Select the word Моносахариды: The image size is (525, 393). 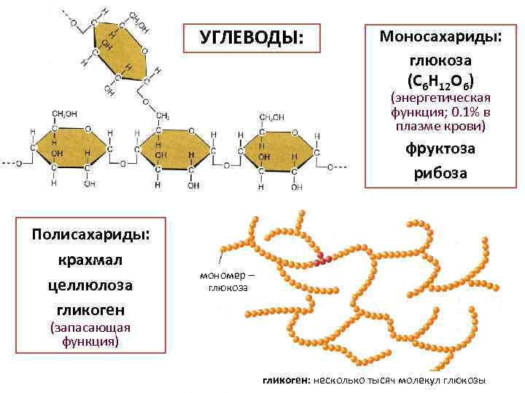tap(439, 36)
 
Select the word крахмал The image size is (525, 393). tap(90, 261)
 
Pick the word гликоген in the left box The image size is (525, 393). tap(90, 311)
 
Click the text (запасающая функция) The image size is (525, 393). tap(90, 334)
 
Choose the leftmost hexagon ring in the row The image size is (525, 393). tap(69, 148)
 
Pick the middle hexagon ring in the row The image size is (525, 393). tap(174, 148)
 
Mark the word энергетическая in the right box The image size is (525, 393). tap(440, 98)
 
